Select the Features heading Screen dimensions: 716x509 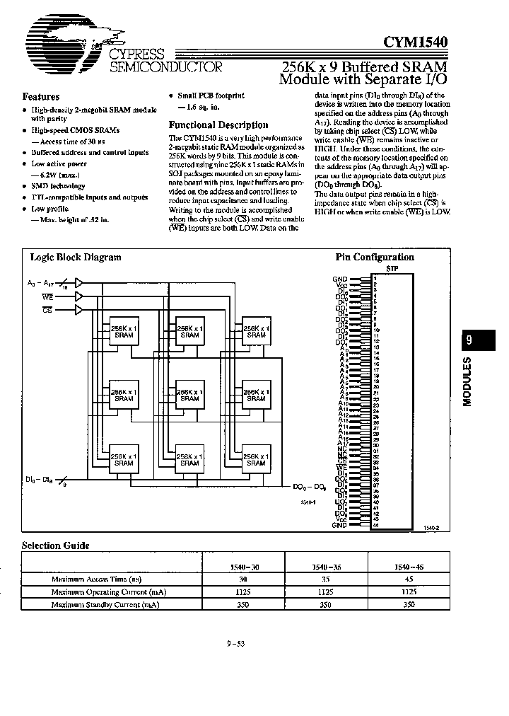pos(41,97)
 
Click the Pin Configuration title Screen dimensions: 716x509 pos(374,258)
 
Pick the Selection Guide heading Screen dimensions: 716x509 pos(56,545)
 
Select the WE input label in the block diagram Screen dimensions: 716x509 pos(47,296)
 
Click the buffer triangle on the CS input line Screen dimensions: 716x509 pos(78,309)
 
